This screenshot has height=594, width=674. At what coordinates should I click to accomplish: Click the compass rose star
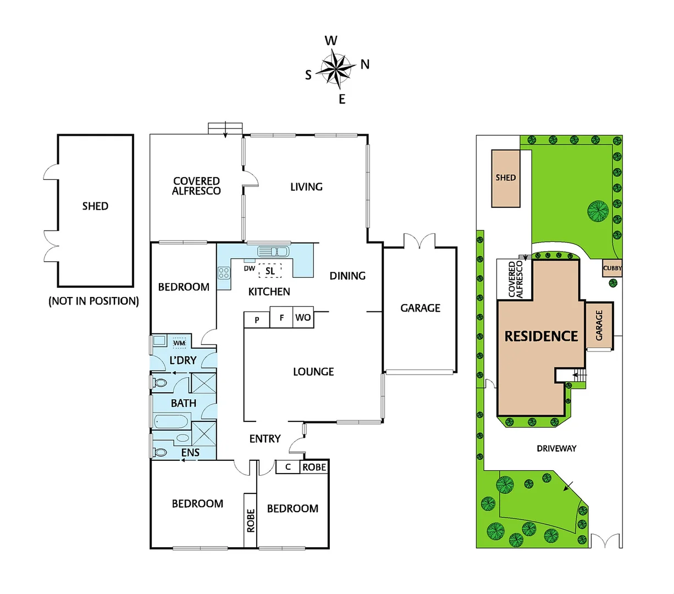[x=336, y=69]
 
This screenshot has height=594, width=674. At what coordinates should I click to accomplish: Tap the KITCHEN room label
[x=269, y=291]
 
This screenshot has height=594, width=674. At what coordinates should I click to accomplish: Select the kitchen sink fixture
[x=273, y=251]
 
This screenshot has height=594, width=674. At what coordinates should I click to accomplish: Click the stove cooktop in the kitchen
[x=224, y=272]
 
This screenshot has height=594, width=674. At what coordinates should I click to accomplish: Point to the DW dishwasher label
[x=249, y=268]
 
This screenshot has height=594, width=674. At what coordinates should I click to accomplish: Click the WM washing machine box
[x=179, y=343]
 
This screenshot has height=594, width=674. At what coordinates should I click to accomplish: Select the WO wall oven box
[x=303, y=317]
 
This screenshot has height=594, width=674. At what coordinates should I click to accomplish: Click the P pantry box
[x=257, y=320]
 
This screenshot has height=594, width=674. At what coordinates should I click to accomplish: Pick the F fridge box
[x=281, y=317]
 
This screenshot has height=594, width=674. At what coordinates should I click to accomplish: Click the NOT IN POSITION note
[x=93, y=301]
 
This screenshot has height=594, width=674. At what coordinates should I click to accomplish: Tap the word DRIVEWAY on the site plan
[x=556, y=448]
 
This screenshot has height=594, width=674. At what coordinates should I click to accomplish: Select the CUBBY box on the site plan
[x=612, y=268]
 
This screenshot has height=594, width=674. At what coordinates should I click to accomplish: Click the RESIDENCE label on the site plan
[x=541, y=336]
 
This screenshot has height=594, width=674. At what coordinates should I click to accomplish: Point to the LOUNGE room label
[x=313, y=372]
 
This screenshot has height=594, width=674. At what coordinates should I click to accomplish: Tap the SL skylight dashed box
[x=270, y=271]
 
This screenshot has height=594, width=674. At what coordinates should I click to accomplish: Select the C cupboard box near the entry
[x=288, y=467]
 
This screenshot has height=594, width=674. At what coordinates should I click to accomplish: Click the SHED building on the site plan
[x=506, y=178]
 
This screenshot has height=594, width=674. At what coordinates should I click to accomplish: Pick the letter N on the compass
[x=365, y=64]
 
